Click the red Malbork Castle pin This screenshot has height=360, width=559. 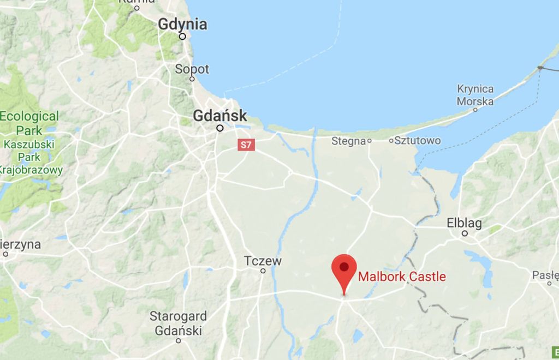point(344,268)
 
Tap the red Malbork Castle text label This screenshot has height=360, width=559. point(402,277)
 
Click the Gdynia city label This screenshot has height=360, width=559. point(182,25)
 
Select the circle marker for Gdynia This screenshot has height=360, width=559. point(182,37)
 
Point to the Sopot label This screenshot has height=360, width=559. point(192,69)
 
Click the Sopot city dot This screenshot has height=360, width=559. point(192,79)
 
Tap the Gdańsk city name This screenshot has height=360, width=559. point(220,116)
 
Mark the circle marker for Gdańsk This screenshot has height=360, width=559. point(220,128)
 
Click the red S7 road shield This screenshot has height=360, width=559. point(246,145)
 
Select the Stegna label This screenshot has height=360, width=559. point(348,141)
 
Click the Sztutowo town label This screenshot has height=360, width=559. point(418,141)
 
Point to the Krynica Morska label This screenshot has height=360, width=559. point(475,95)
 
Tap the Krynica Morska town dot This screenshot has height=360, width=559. point(475,109)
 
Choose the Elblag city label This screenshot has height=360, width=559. point(464,223)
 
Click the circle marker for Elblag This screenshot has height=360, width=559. point(465,233)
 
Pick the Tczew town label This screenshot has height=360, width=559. point(263,261)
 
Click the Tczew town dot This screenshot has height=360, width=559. point(263,271)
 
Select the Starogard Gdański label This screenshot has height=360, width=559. point(179,323)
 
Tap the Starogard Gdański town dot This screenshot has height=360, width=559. point(179,340)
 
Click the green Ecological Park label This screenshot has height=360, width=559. point(29,123)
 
